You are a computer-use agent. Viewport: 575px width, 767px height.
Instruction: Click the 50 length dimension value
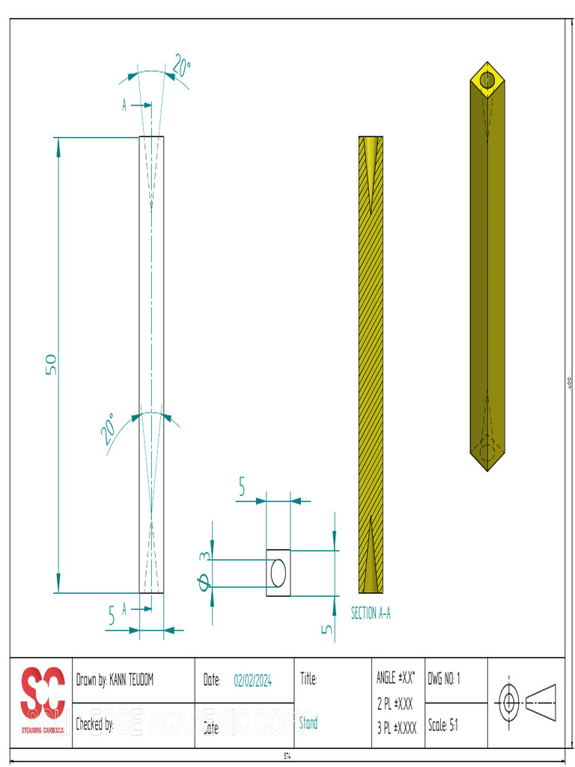tap(51, 364)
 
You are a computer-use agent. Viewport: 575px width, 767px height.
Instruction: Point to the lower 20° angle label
tap(109, 428)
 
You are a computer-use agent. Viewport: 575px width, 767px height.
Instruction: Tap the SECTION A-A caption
tap(371, 613)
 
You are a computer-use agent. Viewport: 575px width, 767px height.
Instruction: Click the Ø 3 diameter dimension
tap(204, 571)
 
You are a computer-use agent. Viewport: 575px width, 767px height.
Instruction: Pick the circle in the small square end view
tap(278, 573)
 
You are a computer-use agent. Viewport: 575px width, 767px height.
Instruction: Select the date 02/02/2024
tap(252, 680)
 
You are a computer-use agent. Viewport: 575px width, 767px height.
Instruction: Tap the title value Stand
tap(308, 724)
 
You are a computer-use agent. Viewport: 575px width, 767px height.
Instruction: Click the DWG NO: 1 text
tap(444, 679)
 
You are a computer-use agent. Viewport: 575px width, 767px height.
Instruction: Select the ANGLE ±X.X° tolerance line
tap(395, 679)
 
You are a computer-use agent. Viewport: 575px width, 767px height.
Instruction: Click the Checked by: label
tap(94, 724)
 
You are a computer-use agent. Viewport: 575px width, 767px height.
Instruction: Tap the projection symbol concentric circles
tap(510, 703)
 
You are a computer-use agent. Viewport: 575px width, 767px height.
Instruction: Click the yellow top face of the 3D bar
tap(487, 79)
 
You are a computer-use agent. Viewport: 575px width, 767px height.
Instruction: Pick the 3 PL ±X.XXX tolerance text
tap(396, 727)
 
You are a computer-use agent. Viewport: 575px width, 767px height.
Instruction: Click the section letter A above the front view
tap(125, 106)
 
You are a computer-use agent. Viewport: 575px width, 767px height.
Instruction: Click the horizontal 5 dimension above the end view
tap(242, 488)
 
